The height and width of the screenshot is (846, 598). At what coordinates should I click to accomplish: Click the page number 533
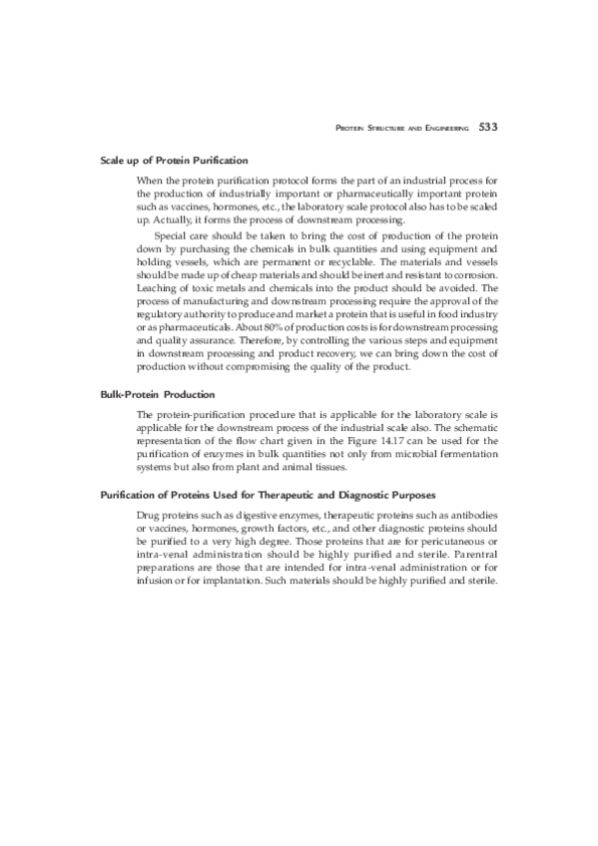point(488,128)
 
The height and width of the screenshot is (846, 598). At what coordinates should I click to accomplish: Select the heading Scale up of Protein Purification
point(174,160)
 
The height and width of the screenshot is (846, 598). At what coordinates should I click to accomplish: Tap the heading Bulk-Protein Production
point(157,394)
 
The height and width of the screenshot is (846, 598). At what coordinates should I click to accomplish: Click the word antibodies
point(472,514)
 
